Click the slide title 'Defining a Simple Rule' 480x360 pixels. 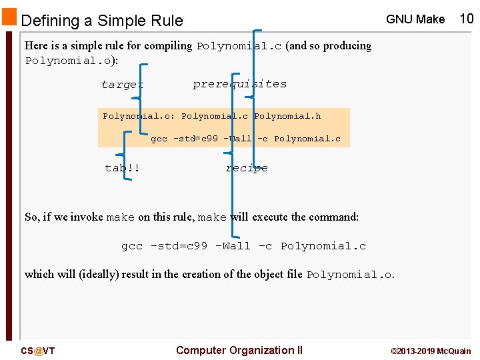tap(102, 21)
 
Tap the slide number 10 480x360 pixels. tap(467, 19)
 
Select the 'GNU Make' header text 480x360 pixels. tap(415, 19)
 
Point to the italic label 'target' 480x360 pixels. tap(122, 85)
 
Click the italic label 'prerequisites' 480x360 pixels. tap(239, 84)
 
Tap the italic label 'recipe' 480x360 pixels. tap(247, 168)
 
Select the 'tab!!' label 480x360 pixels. tap(123, 168)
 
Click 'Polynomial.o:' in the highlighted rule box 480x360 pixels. tap(139, 116)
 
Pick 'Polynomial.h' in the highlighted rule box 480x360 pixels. tap(287, 116)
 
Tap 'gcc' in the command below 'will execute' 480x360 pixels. tap(131, 246)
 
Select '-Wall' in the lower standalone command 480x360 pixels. tap(233, 246)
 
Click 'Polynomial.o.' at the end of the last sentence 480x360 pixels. tap(351, 275)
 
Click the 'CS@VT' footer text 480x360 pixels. tap(38, 351)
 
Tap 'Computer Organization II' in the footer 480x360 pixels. tap(239, 350)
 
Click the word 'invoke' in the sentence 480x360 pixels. tap(86, 217)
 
